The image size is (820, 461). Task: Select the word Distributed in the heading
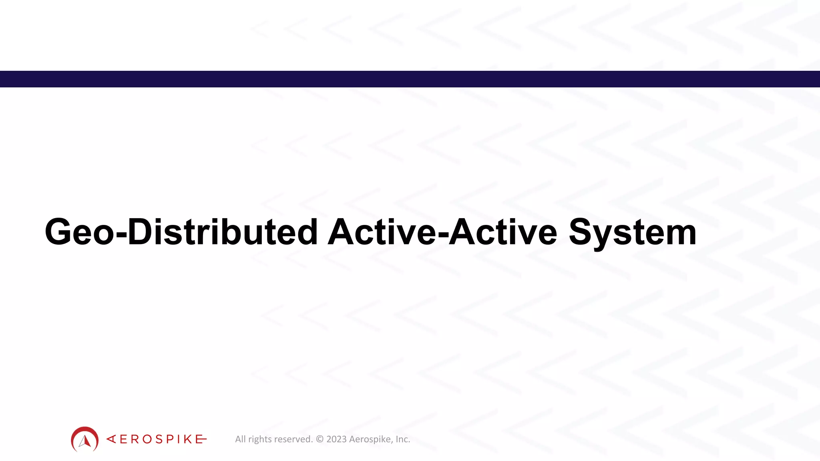click(x=223, y=232)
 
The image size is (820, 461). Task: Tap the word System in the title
click(x=633, y=233)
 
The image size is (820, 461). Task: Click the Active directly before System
click(x=503, y=232)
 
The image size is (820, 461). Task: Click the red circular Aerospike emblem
click(x=84, y=439)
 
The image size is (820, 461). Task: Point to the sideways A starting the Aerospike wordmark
click(x=111, y=439)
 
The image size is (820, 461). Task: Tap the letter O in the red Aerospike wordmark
click(x=147, y=439)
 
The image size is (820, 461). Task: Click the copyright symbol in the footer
click(x=320, y=439)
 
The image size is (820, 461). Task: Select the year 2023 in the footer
click(x=337, y=439)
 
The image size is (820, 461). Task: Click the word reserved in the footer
click(x=293, y=439)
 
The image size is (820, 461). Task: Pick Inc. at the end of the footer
click(x=403, y=439)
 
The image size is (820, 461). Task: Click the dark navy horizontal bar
click(x=410, y=79)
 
